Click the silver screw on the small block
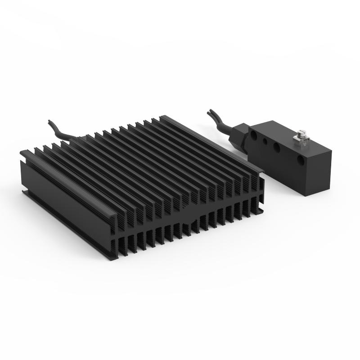[299, 135]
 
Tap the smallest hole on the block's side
[265, 141]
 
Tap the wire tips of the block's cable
[210, 113]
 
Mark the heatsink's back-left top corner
[22, 153]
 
